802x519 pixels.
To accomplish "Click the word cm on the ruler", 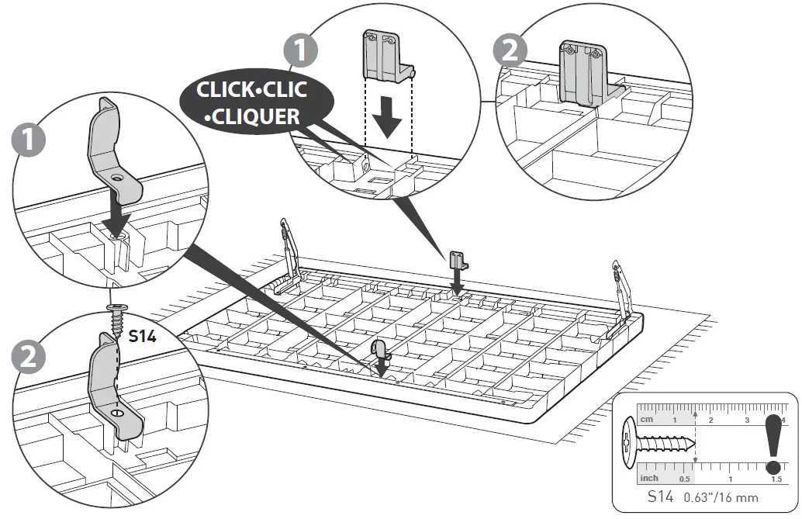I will point(646,419).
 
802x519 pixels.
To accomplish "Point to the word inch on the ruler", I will point(649,479).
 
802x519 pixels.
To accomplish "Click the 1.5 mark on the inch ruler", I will point(776,479).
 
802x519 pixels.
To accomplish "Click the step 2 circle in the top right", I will point(509,50).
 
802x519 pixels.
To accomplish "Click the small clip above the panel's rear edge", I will point(457,260).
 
